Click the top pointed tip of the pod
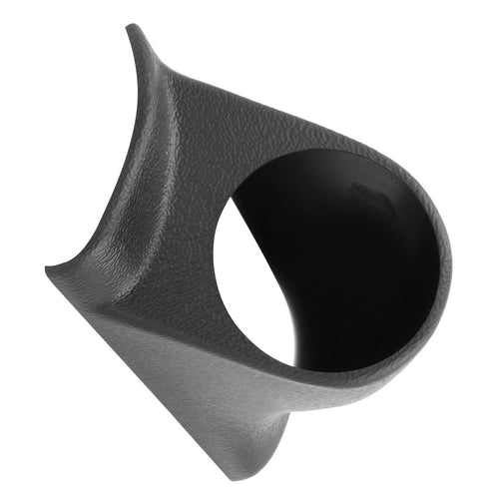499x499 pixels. [131, 28]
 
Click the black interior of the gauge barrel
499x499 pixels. [339, 249]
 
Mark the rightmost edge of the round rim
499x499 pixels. [450, 269]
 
